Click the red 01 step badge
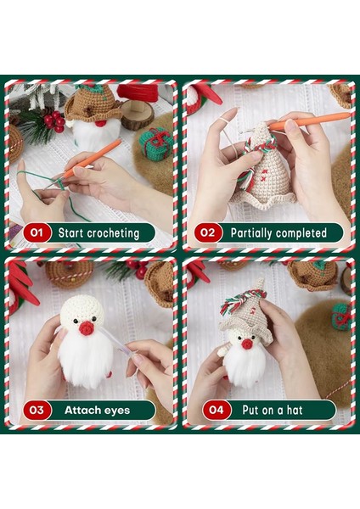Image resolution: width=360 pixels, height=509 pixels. tap(36, 232)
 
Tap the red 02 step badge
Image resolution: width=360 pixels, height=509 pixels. tap(208, 232)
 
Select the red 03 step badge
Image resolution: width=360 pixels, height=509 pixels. tap(36, 410)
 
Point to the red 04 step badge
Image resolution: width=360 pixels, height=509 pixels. tap(208, 410)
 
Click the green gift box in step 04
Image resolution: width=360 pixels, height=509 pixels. tap(341, 315)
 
